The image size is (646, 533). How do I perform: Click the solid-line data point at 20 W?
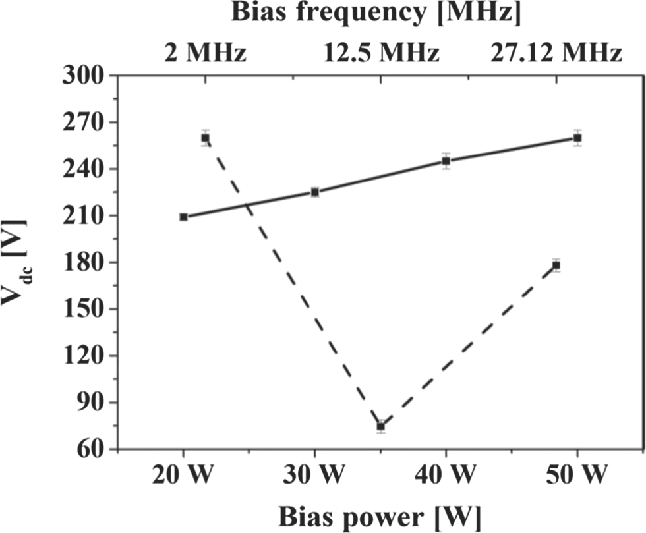point(183,217)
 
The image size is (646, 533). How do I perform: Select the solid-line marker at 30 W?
point(315,192)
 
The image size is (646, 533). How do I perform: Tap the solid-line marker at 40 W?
point(446,161)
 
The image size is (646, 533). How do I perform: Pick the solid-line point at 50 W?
point(577,138)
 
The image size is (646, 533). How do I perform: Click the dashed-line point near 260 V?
point(205,138)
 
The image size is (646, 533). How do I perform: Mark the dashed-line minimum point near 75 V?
point(381,426)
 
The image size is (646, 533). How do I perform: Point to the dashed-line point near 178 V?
point(556,266)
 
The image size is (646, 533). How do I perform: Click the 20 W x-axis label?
point(183,476)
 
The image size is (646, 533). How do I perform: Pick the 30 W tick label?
point(315,476)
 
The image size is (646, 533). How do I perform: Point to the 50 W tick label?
point(577,476)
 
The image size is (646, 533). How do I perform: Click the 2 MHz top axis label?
point(205,52)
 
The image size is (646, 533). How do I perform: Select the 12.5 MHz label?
point(381,52)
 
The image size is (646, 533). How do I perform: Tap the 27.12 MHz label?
point(556,52)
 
